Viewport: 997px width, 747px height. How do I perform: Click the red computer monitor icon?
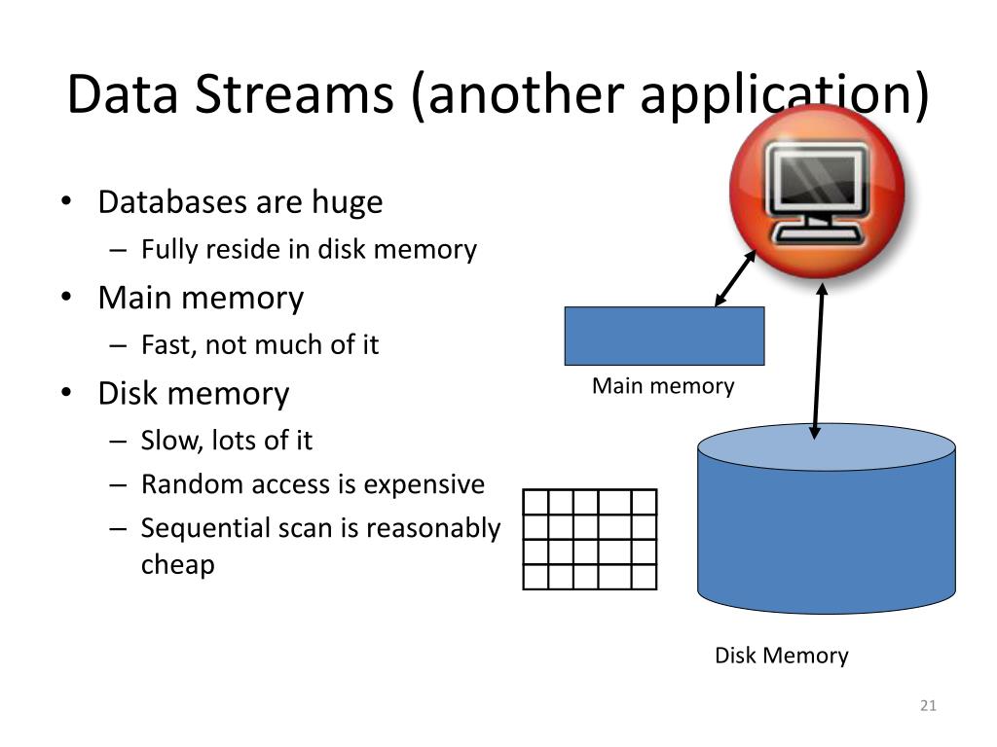[x=817, y=190]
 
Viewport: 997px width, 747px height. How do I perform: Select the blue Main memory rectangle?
[x=664, y=336]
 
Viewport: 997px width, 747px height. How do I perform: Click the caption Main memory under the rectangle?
[x=663, y=386]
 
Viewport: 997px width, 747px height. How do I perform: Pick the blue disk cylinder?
[x=827, y=525]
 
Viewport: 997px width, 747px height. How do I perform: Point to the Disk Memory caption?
[x=781, y=656]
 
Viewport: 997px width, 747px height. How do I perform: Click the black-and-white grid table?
[x=590, y=540]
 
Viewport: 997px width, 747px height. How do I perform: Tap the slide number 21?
[x=927, y=705]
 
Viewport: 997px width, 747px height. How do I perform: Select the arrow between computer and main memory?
[x=736, y=277]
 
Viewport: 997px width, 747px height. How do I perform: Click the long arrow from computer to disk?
[x=819, y=360]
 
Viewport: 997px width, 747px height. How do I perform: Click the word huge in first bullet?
[x=347, y=202]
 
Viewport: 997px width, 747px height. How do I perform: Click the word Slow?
[x=166, y=440]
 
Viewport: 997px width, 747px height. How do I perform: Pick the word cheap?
[x=177, y=564]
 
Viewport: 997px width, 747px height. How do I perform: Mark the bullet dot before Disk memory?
[x=65, y=394]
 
